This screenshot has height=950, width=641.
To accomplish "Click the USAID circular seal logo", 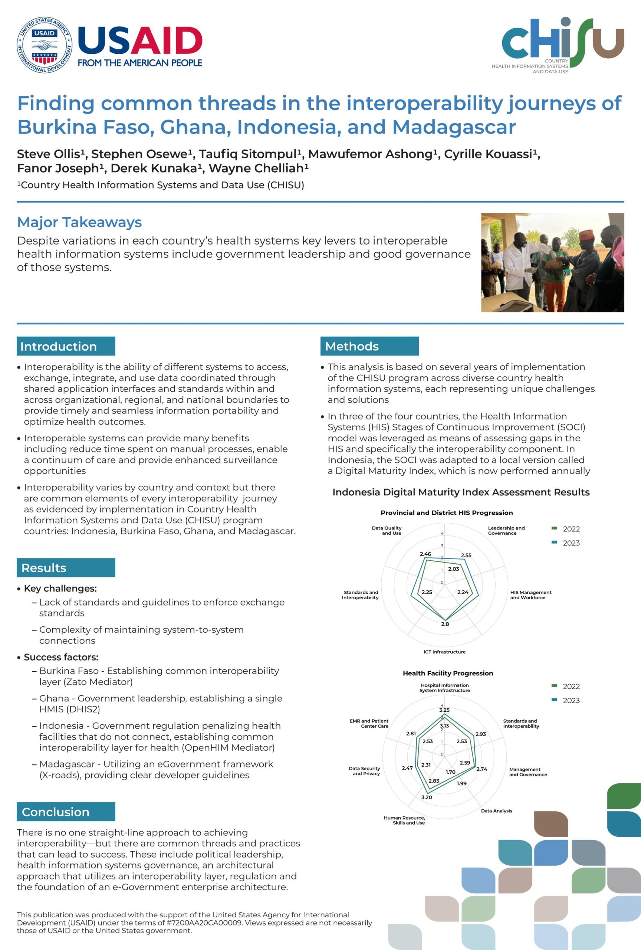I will [x=44, y=45].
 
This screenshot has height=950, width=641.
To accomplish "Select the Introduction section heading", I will [x=58, y=346].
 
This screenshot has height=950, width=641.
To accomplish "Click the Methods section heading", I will [x=352, y=346].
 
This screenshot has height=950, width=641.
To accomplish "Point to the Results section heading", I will [x=44, y=568].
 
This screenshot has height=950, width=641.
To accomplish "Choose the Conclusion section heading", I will [x=56, y=812].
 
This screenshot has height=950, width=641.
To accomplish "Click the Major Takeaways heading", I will [x=79, y=222].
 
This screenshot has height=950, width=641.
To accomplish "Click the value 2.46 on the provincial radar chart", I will [x=425, y=554].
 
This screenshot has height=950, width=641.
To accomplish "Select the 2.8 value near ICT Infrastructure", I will [x=445, y=624].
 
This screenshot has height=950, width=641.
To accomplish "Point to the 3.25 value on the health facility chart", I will [x=444, y=710].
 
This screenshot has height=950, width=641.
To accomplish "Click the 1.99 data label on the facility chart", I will [x=462, y=783].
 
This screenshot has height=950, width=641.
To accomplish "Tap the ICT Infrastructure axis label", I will [x=444, y=652].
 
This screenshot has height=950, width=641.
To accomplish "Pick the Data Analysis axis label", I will [x=496, y=810].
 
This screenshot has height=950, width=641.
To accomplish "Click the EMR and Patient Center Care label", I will [x=369, y=723].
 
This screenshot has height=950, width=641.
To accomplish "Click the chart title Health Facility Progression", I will [x=448, y=673].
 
